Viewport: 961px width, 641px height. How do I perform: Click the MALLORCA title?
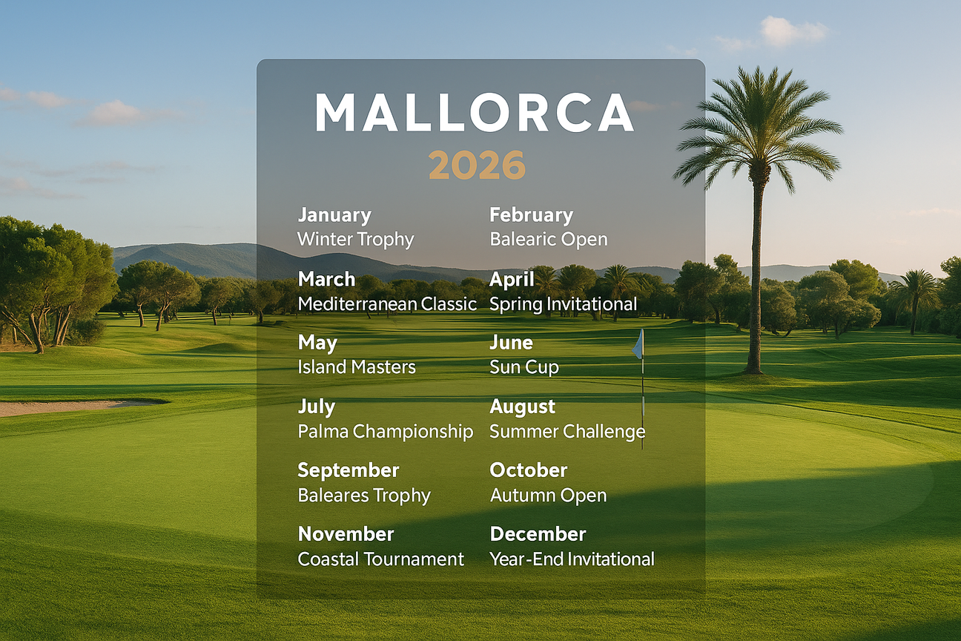click(475, 114)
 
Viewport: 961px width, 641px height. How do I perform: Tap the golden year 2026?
click(477, 165)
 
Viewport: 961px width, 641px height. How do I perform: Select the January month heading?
click(334, 215)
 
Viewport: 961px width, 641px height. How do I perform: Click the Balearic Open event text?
click(548, 240)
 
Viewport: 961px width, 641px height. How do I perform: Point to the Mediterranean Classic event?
click(387, 303)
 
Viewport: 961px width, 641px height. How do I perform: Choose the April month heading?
click(512, 279)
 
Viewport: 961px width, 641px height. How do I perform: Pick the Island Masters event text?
click(356, 367)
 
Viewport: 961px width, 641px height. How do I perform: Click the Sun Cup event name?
click(524, 367)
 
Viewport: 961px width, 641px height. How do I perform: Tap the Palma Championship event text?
click(385, 431)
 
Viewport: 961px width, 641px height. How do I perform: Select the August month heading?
click(522, 407)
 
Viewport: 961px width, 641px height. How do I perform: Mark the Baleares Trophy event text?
click(363, 495)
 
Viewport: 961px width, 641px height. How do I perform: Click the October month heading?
click(528, 470)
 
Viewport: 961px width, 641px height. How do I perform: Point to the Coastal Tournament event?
click(380, 559)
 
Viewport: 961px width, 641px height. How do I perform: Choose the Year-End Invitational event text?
click(572, 559)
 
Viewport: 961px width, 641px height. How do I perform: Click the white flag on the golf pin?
click(638, 345)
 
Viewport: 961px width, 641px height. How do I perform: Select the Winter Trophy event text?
click(355, 240)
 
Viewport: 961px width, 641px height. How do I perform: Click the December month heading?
click(538, 534)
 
